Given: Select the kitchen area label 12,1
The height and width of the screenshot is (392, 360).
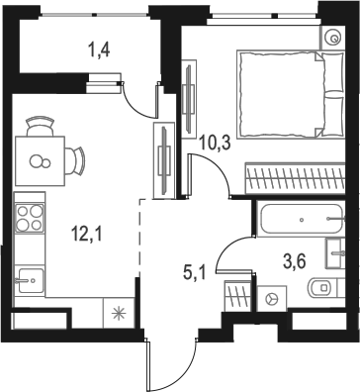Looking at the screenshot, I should coord(86,235).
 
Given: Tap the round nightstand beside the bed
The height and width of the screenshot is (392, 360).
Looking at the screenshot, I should coord(329,36).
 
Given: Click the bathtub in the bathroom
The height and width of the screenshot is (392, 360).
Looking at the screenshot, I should coord(297,219).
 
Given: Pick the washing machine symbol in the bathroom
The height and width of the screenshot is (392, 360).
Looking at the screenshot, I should coord(273,296).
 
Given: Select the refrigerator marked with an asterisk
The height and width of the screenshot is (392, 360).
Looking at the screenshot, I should coord(120,315).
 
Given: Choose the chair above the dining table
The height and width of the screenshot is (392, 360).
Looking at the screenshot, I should coord(40,126).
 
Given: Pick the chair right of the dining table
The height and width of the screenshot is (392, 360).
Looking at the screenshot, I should coord(76,158).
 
